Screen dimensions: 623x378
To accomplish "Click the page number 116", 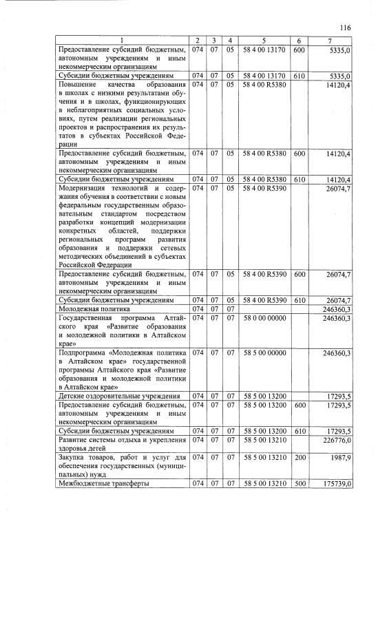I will tap(345, 27).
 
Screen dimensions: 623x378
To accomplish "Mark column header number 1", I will tap(120, 41).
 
